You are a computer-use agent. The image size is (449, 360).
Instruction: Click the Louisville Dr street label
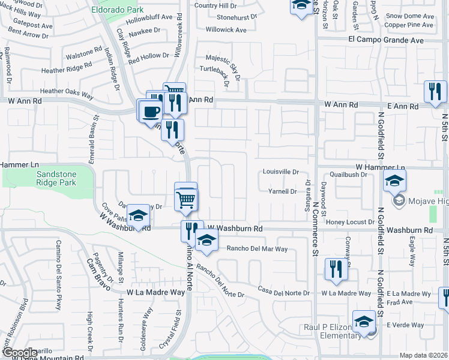click(281, 172)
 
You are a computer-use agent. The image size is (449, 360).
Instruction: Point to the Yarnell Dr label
click(282, 191)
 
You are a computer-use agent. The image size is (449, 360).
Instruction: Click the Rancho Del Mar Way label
click(257, 248)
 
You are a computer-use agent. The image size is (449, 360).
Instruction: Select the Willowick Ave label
click(226, 29)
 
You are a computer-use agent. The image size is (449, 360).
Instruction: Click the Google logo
click(19, 353)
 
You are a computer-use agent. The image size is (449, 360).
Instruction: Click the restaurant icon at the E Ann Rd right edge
click(435, 91)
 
